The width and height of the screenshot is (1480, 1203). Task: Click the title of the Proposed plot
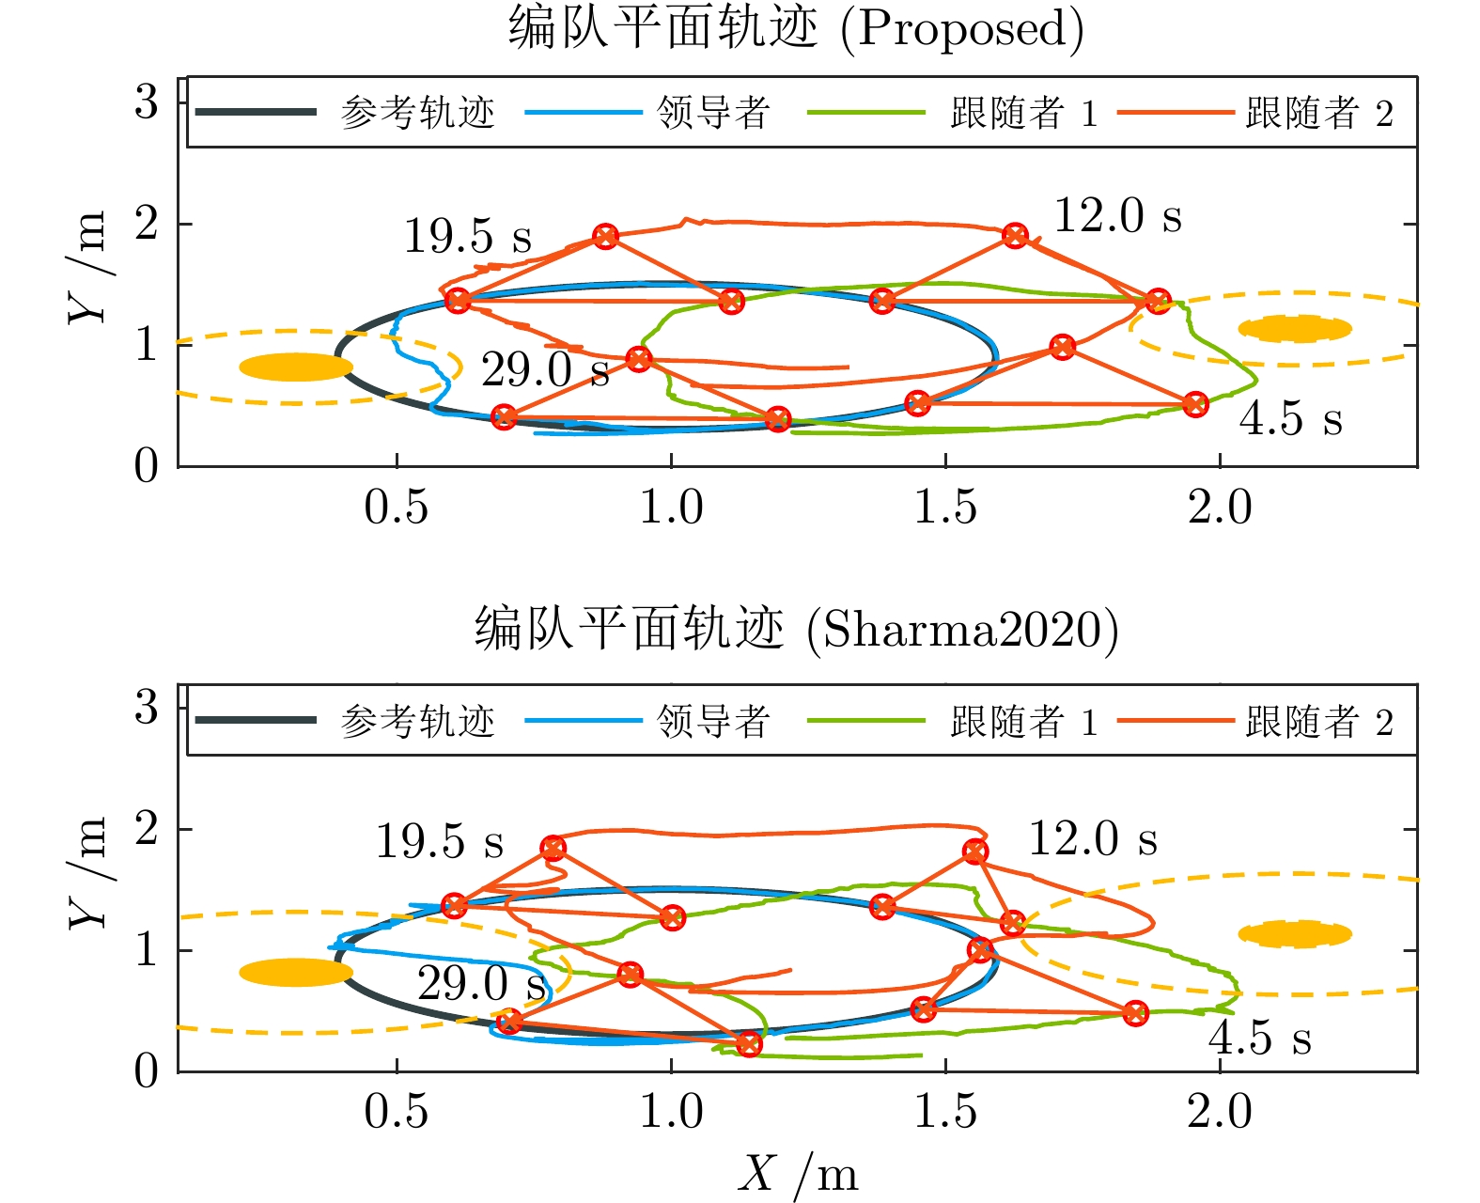coord(796,28)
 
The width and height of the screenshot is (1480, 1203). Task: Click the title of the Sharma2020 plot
coord(796,629)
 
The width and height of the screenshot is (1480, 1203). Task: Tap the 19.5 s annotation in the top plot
coord(468,236)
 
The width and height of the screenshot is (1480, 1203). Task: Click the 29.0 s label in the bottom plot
coord(481,983)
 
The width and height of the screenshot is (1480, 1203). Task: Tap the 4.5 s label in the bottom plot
coord(1260,1038)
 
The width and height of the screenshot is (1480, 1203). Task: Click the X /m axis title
coord(798,1174)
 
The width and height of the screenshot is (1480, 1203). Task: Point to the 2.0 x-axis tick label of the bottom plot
coord(1220,1111)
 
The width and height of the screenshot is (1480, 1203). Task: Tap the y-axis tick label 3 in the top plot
coord(146,102)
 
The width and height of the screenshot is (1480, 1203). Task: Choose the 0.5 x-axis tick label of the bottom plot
coord(396,1111)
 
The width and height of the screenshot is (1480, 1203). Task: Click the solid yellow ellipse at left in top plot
coord(296,367)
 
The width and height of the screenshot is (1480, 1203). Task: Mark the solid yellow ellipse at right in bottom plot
coord(1295,934)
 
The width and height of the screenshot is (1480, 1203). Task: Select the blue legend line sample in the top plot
coord(584,112)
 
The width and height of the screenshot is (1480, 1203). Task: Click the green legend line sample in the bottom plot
coord(865,720)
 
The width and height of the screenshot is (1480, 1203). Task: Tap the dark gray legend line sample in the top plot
coord(256,112)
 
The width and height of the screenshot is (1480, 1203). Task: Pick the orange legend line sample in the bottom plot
coord(1176,720)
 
